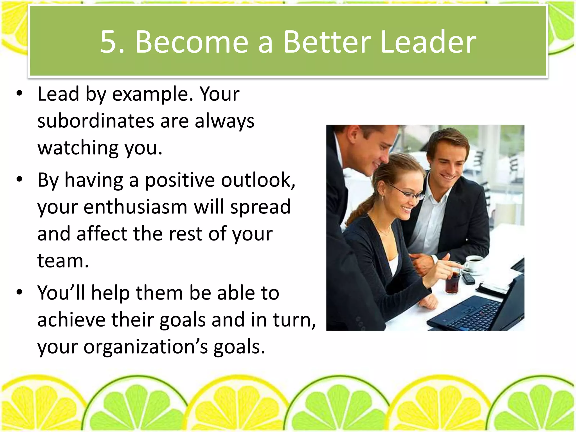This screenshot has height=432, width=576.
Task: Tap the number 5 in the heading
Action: [108, 42]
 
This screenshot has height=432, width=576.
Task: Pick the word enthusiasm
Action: [135, 207]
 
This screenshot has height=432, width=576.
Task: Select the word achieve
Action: [71, 320]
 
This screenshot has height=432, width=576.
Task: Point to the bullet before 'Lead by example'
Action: [19, 94]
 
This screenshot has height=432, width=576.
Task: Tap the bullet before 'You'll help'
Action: [19, 292]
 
